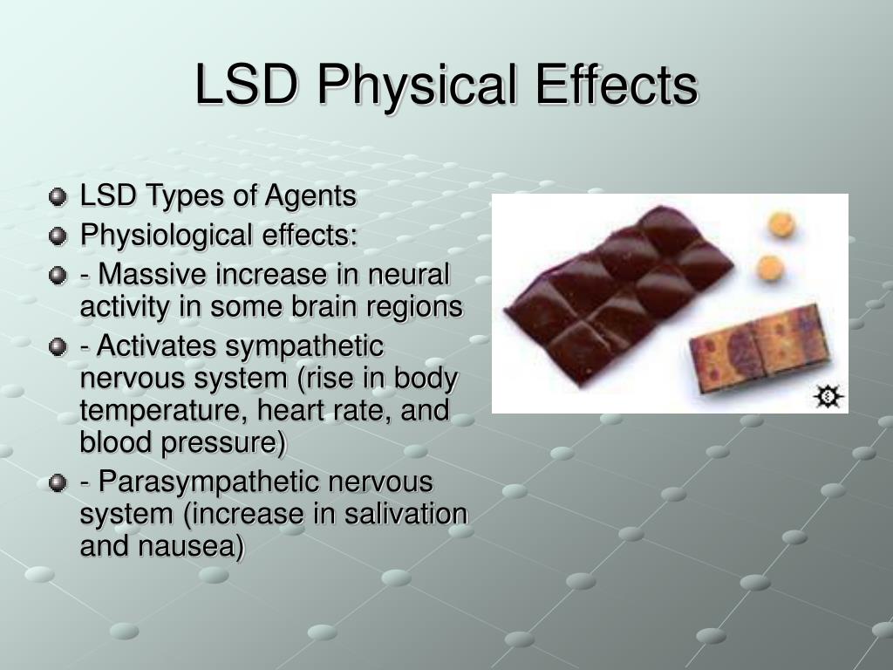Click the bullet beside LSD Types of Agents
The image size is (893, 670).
click(x=58, y=197)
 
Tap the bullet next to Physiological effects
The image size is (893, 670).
click(x=58, y=236)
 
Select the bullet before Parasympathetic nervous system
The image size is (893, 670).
click(x=58, y=482)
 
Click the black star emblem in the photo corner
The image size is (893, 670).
click(x=828, y=397)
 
